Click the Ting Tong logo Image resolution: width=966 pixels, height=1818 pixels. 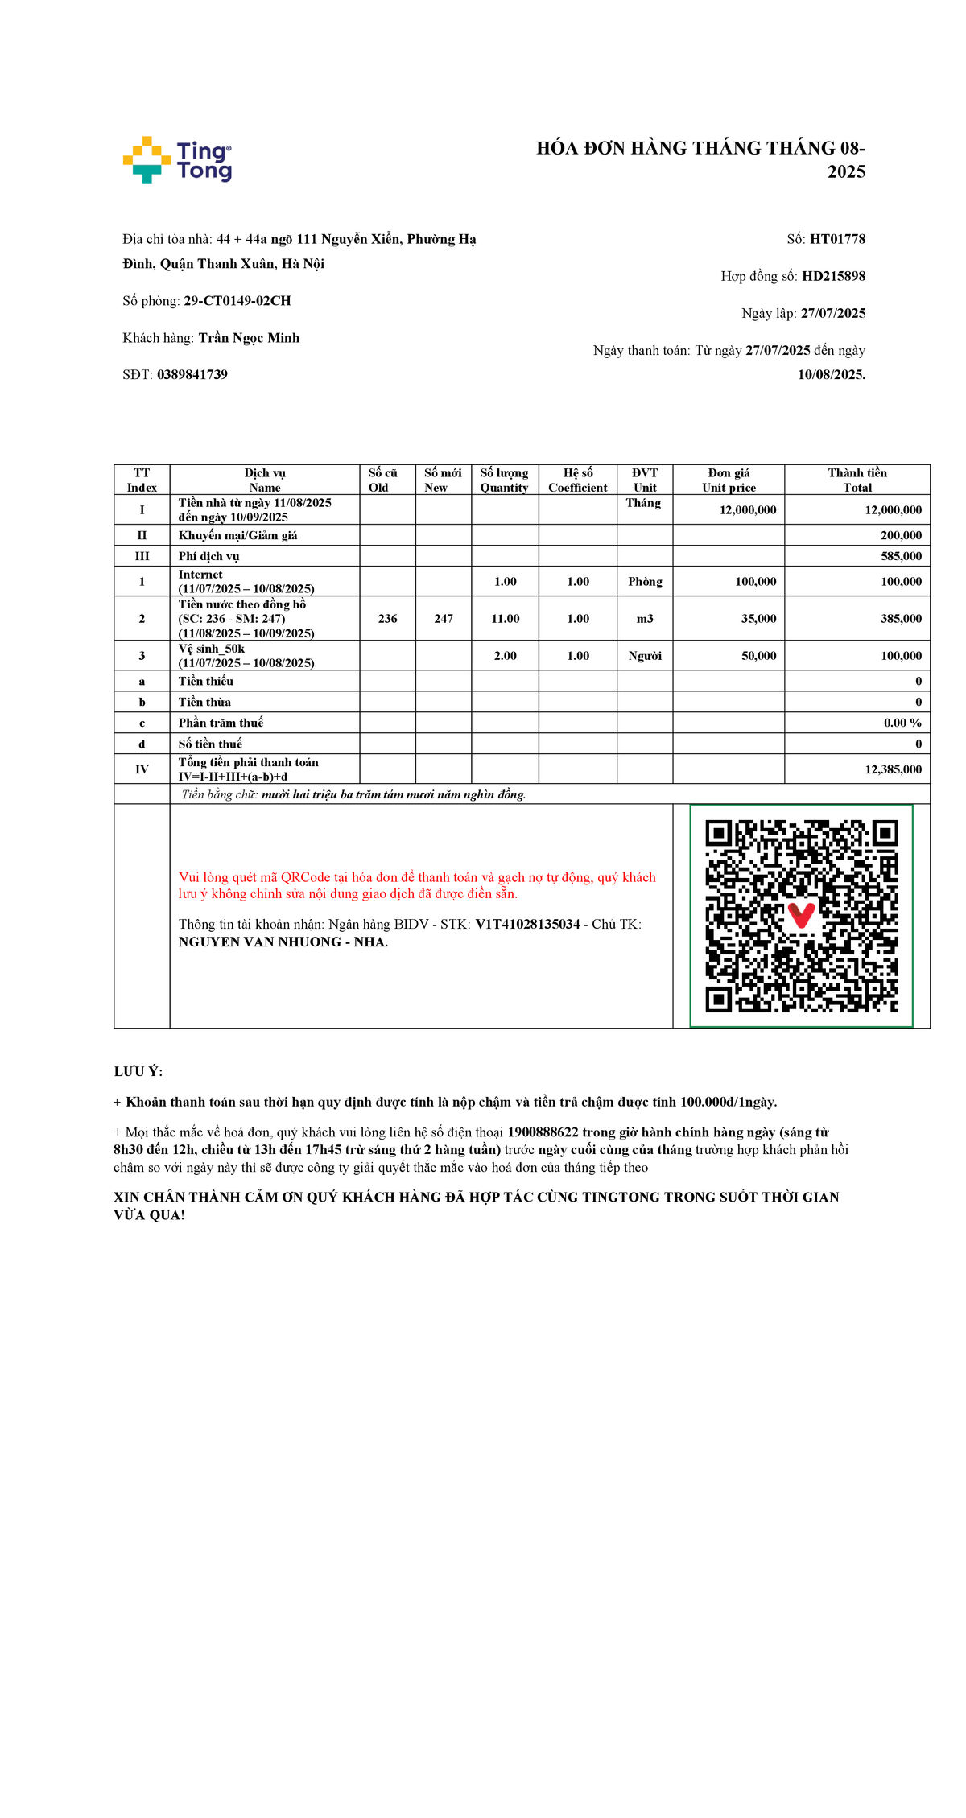(177, 160)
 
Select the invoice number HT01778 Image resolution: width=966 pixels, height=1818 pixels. (837, 239)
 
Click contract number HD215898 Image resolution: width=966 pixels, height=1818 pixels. (833, 276)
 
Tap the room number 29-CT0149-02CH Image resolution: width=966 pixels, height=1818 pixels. (237, 301)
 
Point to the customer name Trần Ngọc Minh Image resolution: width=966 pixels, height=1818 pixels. (249, 338)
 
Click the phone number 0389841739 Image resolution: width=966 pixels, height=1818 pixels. (192, 375)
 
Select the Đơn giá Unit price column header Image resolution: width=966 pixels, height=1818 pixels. (729, 480)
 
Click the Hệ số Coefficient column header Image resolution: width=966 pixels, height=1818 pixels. (578, 480)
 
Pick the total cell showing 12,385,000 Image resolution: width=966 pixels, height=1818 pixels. (893, 769)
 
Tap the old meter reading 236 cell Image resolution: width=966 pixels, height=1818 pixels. (387, 619)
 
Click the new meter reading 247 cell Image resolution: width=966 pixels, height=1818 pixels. (444, 619)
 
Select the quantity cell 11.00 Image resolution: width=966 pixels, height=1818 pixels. (505, 619)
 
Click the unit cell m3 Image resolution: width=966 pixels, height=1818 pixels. (645, 619)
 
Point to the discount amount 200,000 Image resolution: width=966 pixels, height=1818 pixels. (901, 535)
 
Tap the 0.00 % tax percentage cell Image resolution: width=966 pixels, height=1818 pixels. (902, 723)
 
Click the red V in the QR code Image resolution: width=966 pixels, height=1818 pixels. (801, 914)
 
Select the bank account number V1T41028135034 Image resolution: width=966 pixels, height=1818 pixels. (527, 925)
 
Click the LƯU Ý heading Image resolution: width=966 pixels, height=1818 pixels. (138, 1072)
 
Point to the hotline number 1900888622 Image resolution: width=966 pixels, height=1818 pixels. (543, 1132)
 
